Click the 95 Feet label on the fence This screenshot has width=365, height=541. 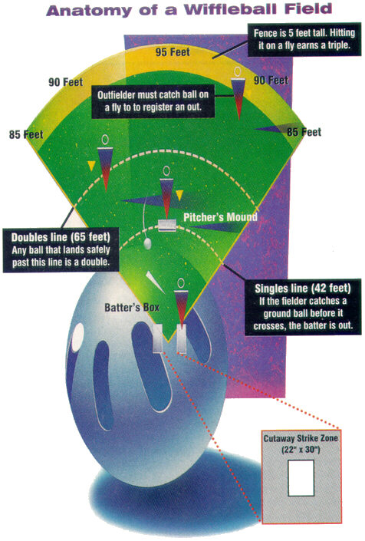click(x=173, y=52)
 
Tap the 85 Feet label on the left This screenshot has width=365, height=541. click(x=26, y=134)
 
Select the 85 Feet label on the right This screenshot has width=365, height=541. click(x=304, y=132)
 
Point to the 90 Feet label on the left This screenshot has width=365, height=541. click(x=65, y=82)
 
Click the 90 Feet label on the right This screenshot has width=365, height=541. click(x=271, y=81)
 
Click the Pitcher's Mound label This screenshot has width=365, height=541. click(x=220, y=217)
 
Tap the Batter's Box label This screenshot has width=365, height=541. click(x=132, y=308)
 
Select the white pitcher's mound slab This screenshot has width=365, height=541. click(x=167, y=226)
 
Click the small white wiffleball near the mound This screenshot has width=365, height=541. click(x=147, y=243)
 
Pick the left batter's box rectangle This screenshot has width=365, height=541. click(x=157, y=338)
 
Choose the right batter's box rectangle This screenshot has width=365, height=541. click(x=181, y=338)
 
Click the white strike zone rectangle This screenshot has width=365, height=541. click(x=301, y=478)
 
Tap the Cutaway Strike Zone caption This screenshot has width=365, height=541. click(x=301, y=444)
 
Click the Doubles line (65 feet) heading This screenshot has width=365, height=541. click(x=61, y=237)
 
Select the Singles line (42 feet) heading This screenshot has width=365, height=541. click(x=303, y=288)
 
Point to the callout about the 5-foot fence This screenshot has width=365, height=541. click(x=304, y=39)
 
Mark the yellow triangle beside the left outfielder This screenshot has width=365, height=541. click(x=91, y=166)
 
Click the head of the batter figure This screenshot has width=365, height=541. click(x=181, y=283)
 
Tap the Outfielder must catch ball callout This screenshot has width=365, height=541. click(x=153, y=101)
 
